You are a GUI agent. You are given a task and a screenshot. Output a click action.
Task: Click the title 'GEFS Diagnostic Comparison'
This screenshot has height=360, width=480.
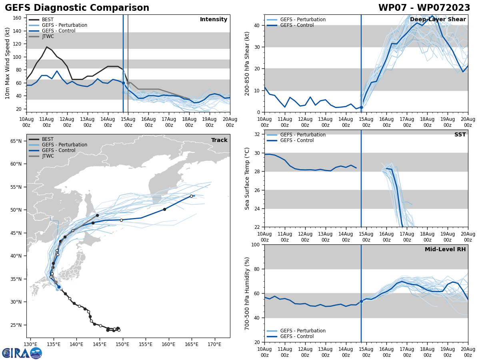tap(77, 8)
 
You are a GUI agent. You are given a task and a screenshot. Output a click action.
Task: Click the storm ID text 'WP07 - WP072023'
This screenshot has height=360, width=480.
tap(424, 8)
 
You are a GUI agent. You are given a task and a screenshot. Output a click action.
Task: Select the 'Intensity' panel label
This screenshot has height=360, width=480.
tap(214, 20)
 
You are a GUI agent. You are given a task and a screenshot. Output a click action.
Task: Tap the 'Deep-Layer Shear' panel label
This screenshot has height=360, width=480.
tap(438, 20)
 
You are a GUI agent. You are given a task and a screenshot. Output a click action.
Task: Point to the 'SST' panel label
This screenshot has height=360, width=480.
tap(460, 135)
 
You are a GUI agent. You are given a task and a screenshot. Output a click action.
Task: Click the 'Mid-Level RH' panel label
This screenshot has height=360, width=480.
tap(445, 250)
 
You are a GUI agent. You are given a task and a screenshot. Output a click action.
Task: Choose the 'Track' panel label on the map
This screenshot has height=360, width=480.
tap(219, 140)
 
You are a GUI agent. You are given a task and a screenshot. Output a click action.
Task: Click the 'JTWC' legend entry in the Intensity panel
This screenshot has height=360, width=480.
tap(48, 36)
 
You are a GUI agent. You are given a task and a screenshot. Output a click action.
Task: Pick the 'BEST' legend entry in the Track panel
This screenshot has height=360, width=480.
tap(48, 139)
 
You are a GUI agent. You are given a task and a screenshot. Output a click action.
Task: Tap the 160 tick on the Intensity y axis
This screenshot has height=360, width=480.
tap(17, 18)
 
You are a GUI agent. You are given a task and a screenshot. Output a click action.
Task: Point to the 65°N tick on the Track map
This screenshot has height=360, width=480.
tap(16, 141)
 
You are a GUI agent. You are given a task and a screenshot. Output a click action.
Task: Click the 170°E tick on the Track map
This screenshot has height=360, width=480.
tap(214, 344)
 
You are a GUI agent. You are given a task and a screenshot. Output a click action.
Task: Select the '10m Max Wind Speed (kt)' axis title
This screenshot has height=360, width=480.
tap(8, 63)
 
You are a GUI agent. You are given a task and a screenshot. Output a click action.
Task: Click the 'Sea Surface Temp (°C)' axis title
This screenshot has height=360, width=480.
tap(247, 178)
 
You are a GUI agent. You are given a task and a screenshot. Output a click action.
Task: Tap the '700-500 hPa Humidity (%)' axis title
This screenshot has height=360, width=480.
tap(247, 293)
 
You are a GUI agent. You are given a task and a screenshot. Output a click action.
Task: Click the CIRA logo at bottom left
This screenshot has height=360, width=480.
tap(22, 353)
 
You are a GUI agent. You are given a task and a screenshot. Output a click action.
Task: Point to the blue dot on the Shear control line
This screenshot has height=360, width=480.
tap(361, 107)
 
